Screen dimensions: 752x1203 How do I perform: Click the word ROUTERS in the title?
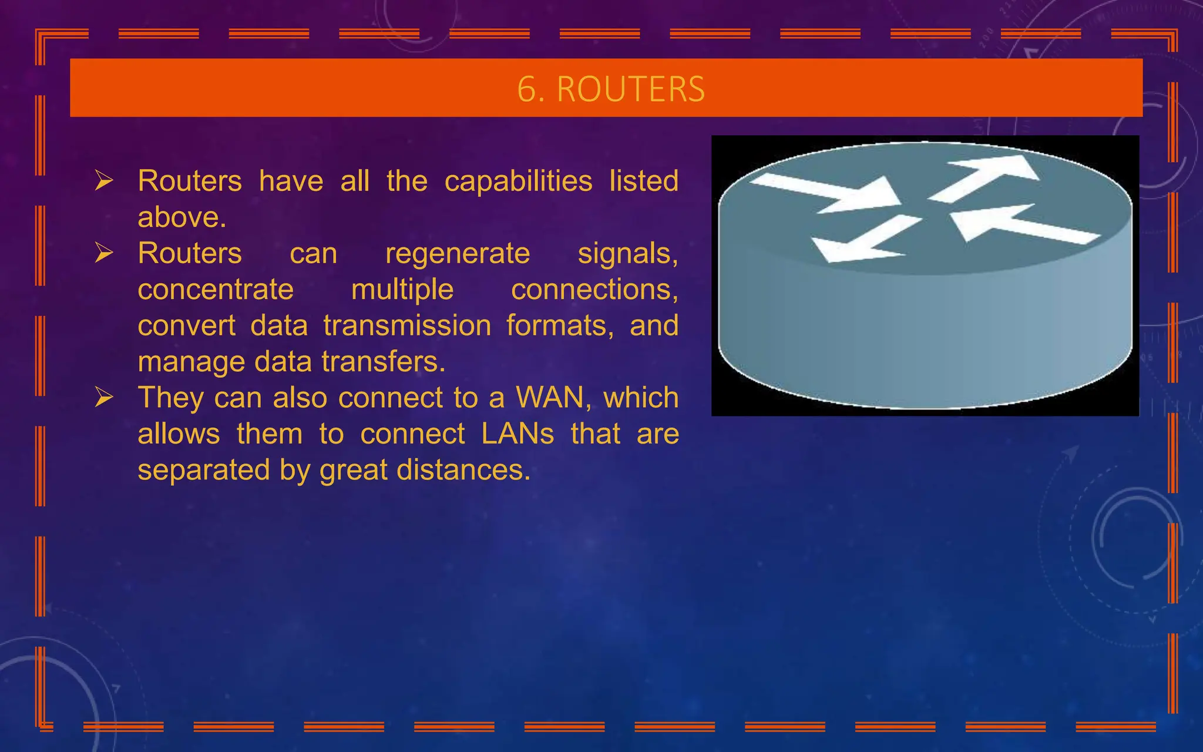pyautogui.click(x=630, y=89)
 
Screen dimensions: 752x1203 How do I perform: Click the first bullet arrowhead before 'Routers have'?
pyautogui.click(x=104, y=181)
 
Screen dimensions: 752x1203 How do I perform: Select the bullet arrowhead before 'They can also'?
pyautogui.click(x=104, y=398)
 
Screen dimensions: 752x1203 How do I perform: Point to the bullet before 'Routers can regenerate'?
pyautogui.click(x=104, y=253)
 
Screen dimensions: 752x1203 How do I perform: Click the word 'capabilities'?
pyautogui.click(x=518, y=182)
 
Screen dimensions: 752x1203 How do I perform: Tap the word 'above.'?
pyautogui.click(x=182, y=217)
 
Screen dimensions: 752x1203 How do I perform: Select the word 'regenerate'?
pyautogui.click(x=458, y=254)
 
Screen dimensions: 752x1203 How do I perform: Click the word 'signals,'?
pyautogui.click(x=627, y=254)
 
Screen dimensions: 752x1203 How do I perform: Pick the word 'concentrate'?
pyautogui.click(x=216, y=290)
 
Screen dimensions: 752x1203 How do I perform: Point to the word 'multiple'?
pyautogui.click(x=402, y=290)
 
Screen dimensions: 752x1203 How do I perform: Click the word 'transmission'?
pyautogui.click(x=407, y=325)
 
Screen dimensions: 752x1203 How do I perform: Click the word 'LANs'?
pyautogui.click(x=518, y=434)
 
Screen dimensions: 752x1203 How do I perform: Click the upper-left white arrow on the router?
pyautogui.click(x=828, y=193)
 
